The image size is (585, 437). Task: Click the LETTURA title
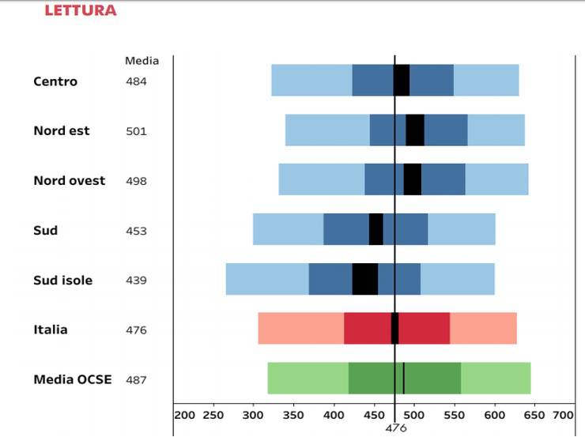81,10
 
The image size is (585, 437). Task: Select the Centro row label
55,81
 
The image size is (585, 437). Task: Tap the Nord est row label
62,130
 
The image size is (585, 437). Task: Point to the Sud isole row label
62,281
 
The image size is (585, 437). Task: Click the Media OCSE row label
73,379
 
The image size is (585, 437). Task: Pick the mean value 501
136,131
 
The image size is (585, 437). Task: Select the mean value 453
136,231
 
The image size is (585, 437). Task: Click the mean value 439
136,281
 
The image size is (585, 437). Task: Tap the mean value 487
136,380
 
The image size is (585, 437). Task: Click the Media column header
142,61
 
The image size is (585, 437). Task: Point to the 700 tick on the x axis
563,415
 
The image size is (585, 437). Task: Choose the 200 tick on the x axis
184,415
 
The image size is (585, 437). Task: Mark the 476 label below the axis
395,428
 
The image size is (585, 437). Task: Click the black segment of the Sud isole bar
365,279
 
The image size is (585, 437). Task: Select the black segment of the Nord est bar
415,130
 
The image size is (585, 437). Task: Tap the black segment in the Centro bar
402,80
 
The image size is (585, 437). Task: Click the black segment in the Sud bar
376,229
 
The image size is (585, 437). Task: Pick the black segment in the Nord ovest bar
412,179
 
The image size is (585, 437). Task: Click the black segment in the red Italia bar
394,328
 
